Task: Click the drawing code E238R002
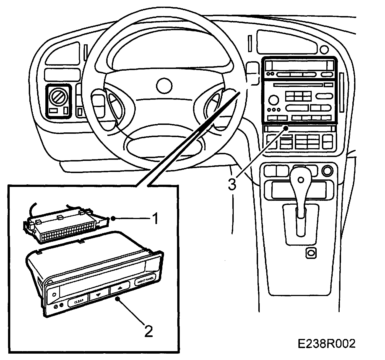pos(326,344)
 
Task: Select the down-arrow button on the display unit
pos(98,295)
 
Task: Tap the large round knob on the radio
pos(273,100)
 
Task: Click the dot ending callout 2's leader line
pos(118,299)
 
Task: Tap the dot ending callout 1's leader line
pos(113,218)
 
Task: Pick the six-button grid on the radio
pos(298,97)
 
